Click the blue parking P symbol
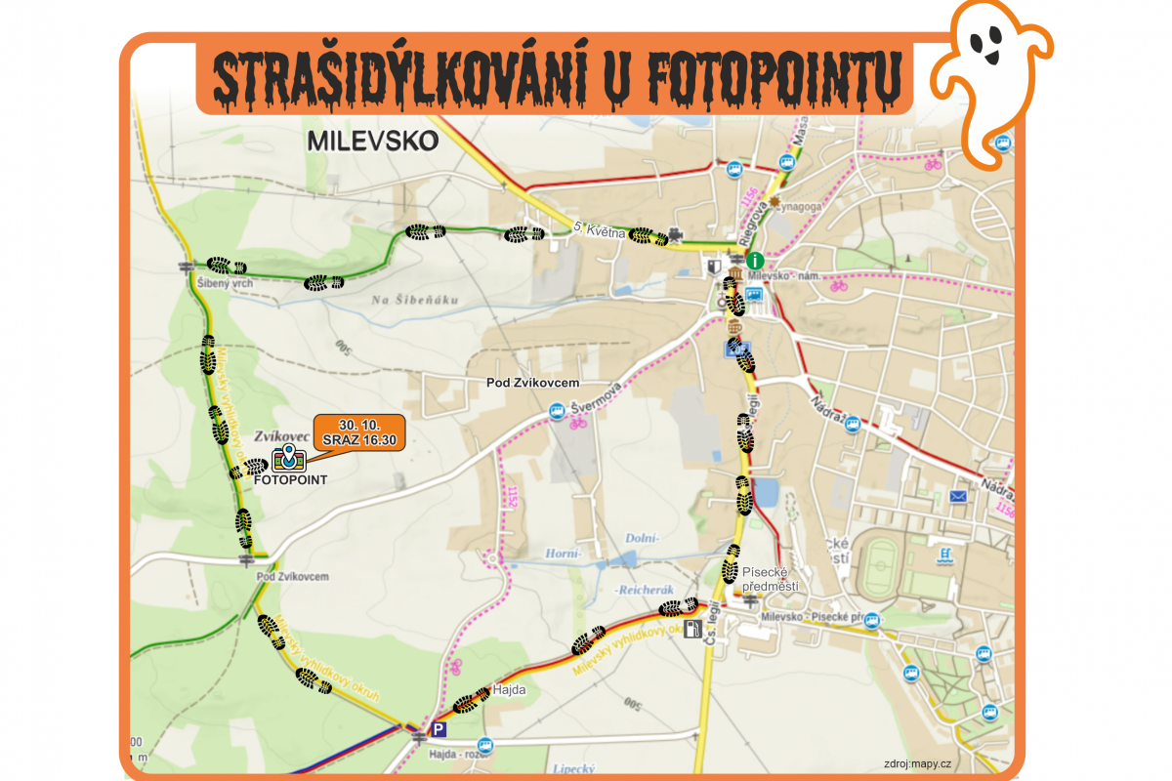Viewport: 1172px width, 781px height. click(x=439, y=729)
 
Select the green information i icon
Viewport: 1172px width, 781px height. click(x=754, y=261)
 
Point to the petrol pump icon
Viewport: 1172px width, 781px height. click(x=693, y=630)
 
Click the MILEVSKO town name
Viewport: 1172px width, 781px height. click(x=372, y=141)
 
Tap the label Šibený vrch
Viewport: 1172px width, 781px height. click(x=225, y=283)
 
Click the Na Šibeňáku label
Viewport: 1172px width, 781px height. click(x=414, y=300)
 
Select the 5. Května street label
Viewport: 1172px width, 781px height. click(x=598, y=229)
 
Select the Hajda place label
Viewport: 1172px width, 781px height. click(x=510, y=690)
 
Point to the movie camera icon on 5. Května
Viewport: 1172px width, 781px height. click(x=675, y=237)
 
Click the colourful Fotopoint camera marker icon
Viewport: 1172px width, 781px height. click(x=288, y=457)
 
